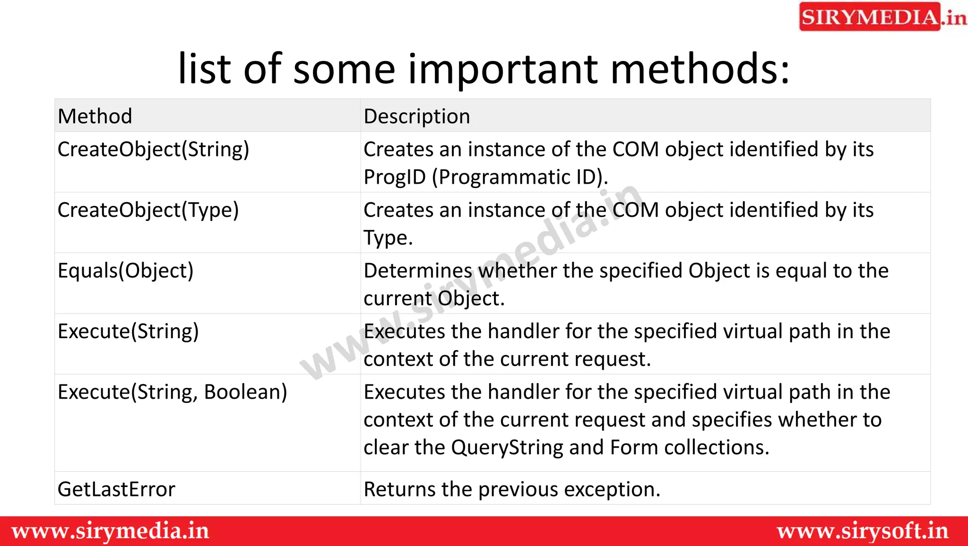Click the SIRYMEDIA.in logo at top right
pos(882,17)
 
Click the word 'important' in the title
pos(503,69)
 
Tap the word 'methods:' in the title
pos(700,69)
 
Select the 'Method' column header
pos(95,116)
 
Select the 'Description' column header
pos(417,116)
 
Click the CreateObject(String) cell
pos(153,150)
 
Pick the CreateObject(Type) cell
pos(148,210)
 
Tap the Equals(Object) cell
pos(126,271)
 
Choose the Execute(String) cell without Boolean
pos(128,331)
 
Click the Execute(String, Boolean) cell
pos(172,392)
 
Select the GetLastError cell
pos(116,489)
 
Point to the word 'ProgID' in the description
pos(395,178)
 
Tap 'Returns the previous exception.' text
pos(512,489)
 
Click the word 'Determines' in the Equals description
pos(418,271)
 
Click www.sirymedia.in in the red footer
pos(110,531)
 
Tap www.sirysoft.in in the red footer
pos(862,531)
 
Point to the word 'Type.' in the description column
pos(388,238)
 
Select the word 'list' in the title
pos(205,69)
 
